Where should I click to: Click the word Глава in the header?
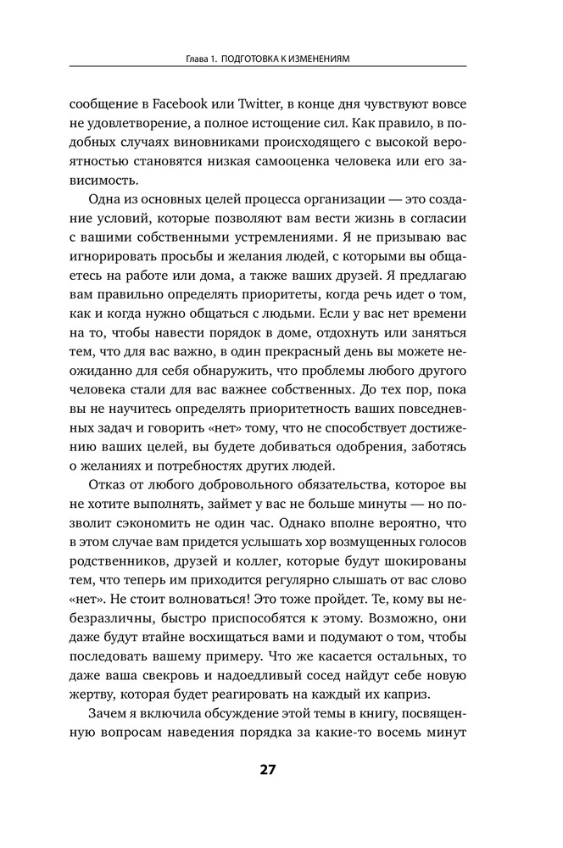[x=198, y=59]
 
